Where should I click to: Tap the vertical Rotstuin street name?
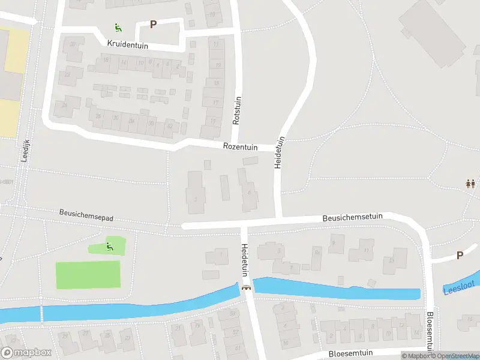pyautogui.click(x=236, y=110)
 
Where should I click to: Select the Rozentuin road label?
pyautogui.click(x=240, y=146)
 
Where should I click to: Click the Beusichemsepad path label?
pyautogui.click(x=86, y=214)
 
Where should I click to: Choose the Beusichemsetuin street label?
pyautogui.click(x=352, y=218)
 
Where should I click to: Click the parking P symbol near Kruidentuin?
pyautogui.click(x=153, y=25)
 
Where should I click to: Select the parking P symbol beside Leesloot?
pyautogui.click(x=460, y=255)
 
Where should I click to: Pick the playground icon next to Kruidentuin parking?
pyautogui.click(x=118, y=26)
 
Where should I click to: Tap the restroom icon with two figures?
pyautogui.click(x=470, y=184)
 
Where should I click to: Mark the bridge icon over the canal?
pyautogui.click(x=246, y=287)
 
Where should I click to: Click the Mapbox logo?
pyautogui.click(x=26, y=353)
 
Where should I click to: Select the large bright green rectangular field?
pyautogui.click(x=88, y=275)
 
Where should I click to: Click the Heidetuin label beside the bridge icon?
pyautogui.click(x=245, y=260)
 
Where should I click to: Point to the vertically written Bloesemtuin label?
pyautogui.click(x=430, y=331)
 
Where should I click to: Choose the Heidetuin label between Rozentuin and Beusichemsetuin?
pyautogui.click(x=279, y=151)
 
